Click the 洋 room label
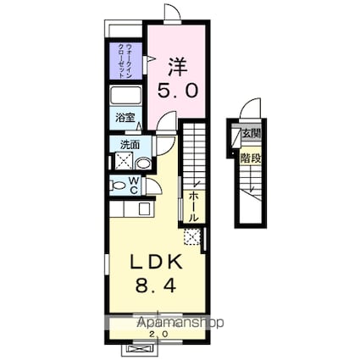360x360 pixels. click(175, 66)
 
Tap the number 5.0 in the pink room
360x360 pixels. click(175, 90)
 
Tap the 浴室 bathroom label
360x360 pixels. click(125, 118)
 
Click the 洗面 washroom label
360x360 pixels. click(129, 145)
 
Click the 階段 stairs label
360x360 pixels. click(250, 158)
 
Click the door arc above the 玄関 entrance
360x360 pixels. click(249, 110)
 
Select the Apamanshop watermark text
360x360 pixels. click(180, 324)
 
